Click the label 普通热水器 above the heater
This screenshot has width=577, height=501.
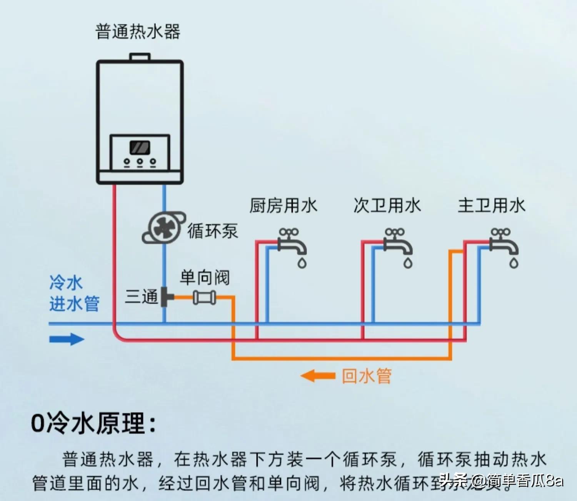tap(138, 32)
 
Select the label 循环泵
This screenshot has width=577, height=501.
tap(213, 231)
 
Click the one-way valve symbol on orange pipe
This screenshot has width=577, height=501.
tap(204, 297)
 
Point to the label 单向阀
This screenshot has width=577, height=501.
tap(205, 277)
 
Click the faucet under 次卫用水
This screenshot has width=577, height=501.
tap(398, 242)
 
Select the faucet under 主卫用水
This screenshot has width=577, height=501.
tap(504, 242)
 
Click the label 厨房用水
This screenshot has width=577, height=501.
tap(283, 205)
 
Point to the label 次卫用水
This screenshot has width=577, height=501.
tap(387, 205)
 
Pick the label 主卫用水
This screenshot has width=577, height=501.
tap(491, 205)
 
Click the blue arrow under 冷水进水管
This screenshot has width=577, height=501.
tap(67, 339)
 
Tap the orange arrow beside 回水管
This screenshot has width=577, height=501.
tap(318, 376)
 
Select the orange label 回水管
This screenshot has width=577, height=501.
tap(366, 376)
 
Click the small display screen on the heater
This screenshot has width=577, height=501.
tap(140, 147)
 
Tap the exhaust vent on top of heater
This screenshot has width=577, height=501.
tap(140, 57)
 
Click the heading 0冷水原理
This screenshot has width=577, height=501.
tap(93, 423)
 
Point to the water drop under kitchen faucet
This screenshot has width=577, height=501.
tap(302, 263)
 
